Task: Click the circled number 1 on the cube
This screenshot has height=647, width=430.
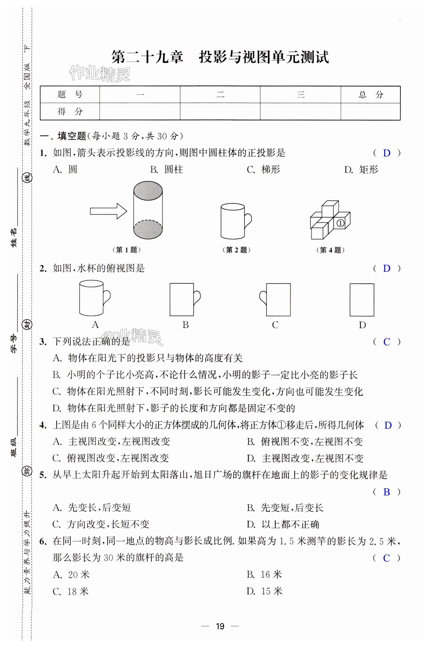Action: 340,223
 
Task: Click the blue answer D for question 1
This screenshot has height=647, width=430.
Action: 386,153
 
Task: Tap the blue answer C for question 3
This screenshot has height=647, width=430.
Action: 386,342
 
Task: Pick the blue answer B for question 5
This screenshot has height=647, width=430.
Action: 386,492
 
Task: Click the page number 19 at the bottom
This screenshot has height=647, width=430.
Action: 220,626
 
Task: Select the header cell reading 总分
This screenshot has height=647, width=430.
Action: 370,95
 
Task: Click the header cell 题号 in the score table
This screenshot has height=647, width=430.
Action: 70,95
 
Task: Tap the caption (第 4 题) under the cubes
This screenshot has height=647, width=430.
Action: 330,250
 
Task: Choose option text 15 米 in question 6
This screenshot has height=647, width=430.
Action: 271,591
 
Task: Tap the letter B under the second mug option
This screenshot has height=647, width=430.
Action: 186,325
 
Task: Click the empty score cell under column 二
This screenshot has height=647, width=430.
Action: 220,112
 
